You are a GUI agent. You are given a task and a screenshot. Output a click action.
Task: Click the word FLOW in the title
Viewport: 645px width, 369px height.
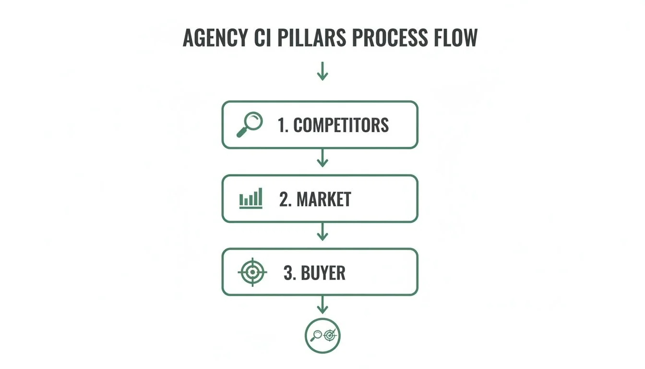click(x=458, y=38)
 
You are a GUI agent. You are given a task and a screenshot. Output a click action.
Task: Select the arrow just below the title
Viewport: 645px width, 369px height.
click(x=322, y=72)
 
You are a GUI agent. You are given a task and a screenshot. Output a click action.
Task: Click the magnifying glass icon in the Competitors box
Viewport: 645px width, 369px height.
click(x=250, y=124)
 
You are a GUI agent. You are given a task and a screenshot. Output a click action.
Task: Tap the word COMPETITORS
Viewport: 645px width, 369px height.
click(x=341, y=125)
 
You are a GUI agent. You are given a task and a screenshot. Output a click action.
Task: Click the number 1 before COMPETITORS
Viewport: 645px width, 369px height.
click(x=282, y=125)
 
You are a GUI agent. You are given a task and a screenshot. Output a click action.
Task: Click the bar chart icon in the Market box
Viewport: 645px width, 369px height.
click(x=251, y=198)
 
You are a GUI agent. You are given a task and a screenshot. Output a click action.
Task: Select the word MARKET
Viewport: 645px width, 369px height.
click(x=324, y=199)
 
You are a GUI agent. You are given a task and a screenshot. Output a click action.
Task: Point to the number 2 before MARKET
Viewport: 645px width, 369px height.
click(x=285, y=199)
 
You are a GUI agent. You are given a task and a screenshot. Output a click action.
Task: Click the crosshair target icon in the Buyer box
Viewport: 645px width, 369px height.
click(x=252, y=272)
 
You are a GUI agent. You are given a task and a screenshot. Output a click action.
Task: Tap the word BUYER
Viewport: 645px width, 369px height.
click(x=323, y=273)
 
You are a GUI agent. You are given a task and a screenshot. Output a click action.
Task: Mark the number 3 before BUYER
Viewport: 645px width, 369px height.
click(x=288, y=273)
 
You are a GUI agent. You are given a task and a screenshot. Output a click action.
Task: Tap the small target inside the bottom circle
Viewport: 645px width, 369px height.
click(x=330, y=335)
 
